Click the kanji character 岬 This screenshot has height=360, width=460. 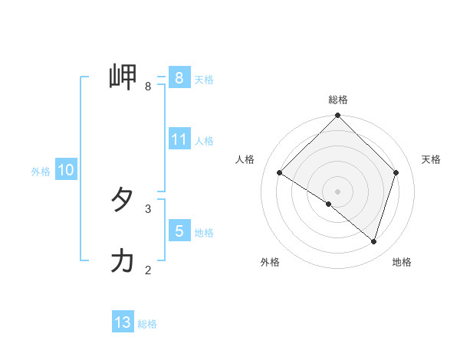click(123, 77)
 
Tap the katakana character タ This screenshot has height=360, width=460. click(123, 201)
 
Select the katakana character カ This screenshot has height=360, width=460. click(123, 261)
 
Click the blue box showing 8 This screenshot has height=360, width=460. click(179, 77)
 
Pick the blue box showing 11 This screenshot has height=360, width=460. click(179, 139)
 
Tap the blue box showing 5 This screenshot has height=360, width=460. click(179, 231)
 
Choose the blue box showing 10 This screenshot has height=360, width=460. click(65, 170)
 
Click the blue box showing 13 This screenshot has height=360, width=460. click(123, 322)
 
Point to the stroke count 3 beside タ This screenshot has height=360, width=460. click(148, 208)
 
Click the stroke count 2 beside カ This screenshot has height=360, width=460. click(148, 270)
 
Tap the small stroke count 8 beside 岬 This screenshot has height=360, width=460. click(148, 87)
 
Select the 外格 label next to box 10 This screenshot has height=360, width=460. click(41, 172)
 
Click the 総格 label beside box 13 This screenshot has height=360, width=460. click(147, 324)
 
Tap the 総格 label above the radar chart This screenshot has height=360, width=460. click(338, 100)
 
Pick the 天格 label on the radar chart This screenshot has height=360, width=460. click(431, 159)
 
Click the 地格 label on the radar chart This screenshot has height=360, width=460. click(402, 262)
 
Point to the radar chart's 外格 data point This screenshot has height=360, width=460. click(329, 204)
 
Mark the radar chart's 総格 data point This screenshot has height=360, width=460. click(338, 116)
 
